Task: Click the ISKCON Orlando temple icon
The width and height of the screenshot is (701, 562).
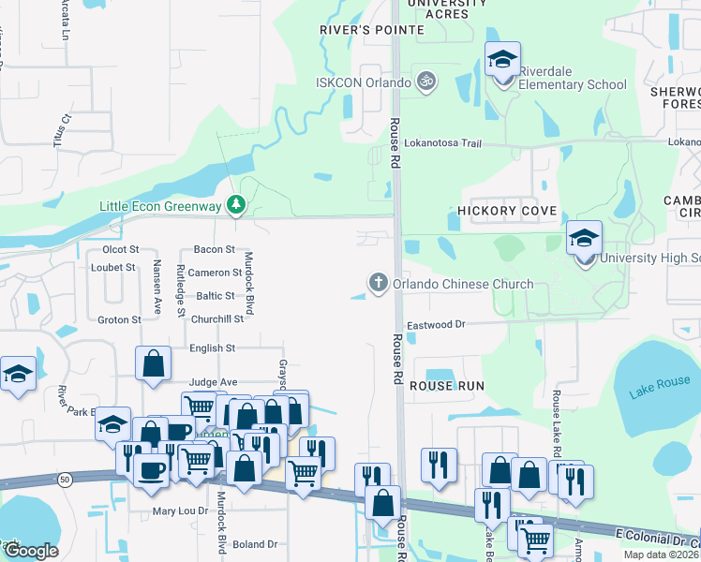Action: [x=425, y=81]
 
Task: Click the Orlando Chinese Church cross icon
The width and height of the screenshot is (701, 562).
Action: [x=379, y=283]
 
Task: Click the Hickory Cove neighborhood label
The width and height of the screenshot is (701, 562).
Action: [x=507, y=211]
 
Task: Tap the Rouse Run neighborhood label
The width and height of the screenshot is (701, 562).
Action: [x=447, y=386]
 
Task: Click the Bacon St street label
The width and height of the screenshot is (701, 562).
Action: [x=214, y=249]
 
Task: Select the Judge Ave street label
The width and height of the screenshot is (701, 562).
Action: [x=213, y=382]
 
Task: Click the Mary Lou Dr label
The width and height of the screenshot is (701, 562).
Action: [x=180, y=511]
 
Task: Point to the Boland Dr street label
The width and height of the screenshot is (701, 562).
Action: [x=255, y=544]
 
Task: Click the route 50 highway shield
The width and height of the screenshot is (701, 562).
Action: [x=64, y=479]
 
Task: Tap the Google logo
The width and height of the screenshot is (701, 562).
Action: [x=30, y=550]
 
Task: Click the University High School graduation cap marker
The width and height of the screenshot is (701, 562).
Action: [x=584, y=240]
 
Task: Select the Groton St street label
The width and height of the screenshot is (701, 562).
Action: [x=119, y=319]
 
